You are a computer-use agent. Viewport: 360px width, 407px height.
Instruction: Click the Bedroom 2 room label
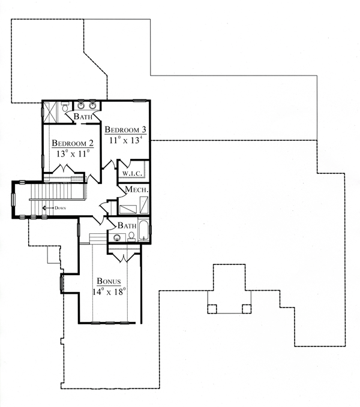(x=73, y=143)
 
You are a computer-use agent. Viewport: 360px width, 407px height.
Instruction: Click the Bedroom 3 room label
(x=125, y=129)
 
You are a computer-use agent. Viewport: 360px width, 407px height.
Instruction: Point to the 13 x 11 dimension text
(x=73, y=153)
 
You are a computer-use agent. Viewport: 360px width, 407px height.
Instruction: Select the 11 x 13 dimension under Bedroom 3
(x=126, y=140)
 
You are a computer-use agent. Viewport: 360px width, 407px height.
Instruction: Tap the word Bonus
(x=109, y=281)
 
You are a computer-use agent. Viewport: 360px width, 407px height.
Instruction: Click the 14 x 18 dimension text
(x=109, y=291)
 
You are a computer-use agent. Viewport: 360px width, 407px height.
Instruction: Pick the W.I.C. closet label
(x=132, y=174)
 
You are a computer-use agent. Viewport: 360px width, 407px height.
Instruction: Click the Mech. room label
(x=137, y=189)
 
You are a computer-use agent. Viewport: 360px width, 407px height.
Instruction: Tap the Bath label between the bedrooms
(x=83, y=116)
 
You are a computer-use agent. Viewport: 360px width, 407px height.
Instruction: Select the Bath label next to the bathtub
(x=127, y=225)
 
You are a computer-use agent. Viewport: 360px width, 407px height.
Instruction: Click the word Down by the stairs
(x=60, y=208)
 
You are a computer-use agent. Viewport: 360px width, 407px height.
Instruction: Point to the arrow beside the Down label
(x=48, y=208)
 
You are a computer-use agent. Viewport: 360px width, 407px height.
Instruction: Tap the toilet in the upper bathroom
(x=65, y=107)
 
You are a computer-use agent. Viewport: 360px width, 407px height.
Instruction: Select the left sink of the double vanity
(x=81, y=105)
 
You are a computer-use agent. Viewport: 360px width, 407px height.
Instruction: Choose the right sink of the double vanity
(x=92, y=105)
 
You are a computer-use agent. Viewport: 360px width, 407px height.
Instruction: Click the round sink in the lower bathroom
(x=117, y=237)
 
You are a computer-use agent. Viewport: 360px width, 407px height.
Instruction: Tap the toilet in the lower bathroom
(x=131, y=237)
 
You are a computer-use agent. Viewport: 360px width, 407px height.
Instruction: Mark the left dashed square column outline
(x=212, y=309)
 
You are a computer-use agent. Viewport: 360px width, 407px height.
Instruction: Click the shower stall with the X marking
(x=49, y=112)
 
